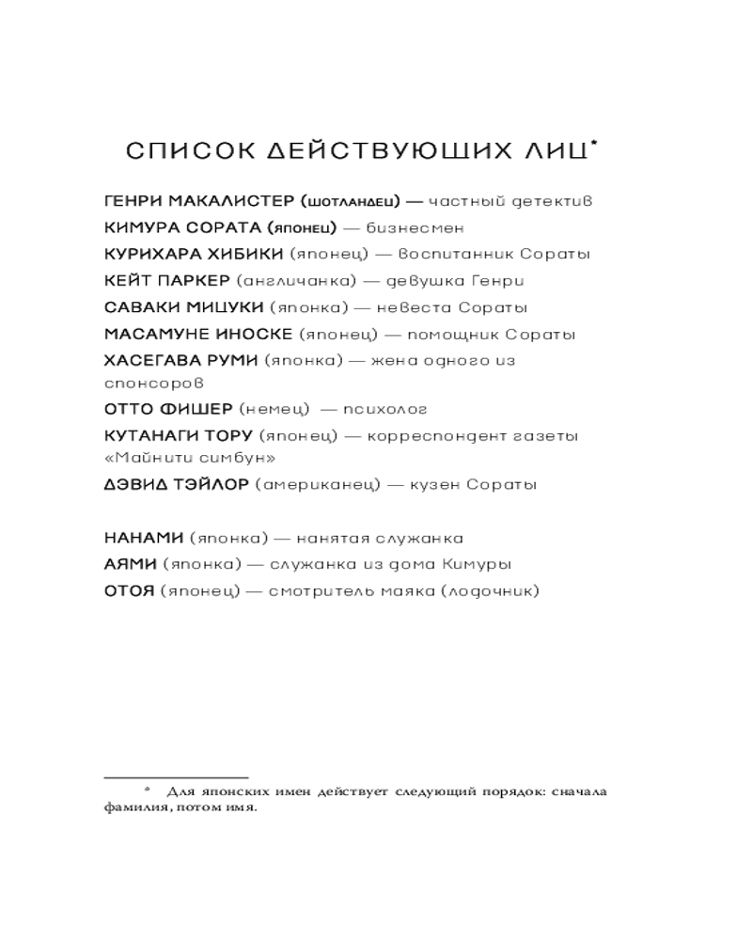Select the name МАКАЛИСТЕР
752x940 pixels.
pos(232,201)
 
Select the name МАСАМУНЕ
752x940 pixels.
pos(150,334)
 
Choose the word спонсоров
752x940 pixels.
pos(154,384)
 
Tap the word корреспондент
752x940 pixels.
pos(446,436)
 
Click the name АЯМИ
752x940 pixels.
pos(130,565)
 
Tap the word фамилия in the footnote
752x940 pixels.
pos(135,807)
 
